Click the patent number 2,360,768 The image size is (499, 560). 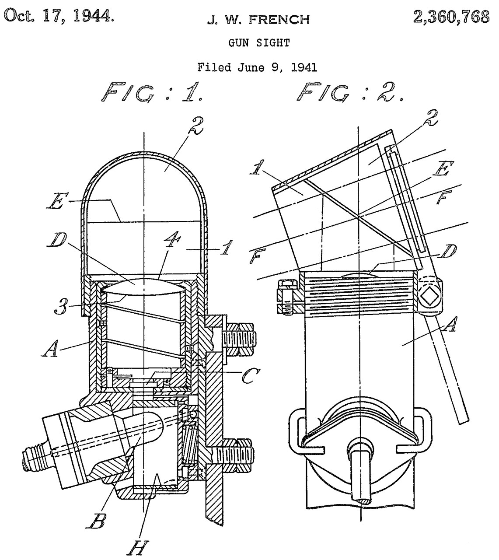pyautogui.click(x=451, y=17)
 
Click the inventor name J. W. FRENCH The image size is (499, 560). pyautogui.click(x=258, y=20)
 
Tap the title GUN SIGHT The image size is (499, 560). pyautogui.click(x=259, y=43)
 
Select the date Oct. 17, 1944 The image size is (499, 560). pyautogui.click(x=59, y=16)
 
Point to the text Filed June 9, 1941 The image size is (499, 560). pyautogui.click(x=257, y=67)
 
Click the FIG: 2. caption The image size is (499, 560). pyautogui.click(x=350, y=92)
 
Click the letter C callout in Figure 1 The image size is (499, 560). pyautogui.click(x=251, y=376)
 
